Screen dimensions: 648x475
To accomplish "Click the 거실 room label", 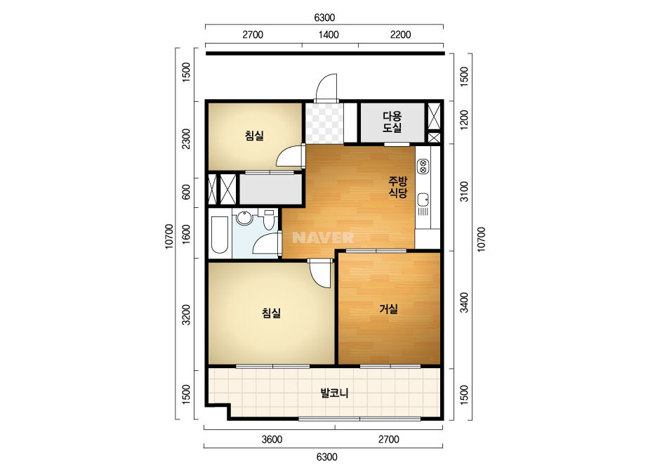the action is [x=388, y=308].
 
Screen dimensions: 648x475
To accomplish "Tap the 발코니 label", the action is [x=334, y=393].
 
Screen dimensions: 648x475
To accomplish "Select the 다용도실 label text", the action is [x=392, y=122].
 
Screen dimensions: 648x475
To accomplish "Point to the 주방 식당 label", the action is [x=398, y=187].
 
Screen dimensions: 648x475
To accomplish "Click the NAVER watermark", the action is [x=323, y=237].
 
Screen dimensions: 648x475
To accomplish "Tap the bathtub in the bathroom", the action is [x=220, y=234].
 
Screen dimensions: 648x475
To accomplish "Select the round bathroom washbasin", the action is [x=244, y=218].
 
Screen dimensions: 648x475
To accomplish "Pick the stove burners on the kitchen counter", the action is [x=423, y=167].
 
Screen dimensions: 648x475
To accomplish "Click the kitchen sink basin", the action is [x=423, y=200].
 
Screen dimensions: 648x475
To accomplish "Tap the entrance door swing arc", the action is [x=325, y=86].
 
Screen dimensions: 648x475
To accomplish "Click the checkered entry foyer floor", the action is [x=324, y=123].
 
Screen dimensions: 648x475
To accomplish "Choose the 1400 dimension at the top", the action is [x=329, y=34].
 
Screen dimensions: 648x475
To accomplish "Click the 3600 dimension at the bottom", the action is [x=272, y=439].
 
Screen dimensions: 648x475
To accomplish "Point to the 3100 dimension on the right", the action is [x=465, y=191].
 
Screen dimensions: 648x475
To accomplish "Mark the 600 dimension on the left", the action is [x=186, y=192].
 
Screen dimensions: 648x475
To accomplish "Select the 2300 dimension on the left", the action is [x=186, y=139].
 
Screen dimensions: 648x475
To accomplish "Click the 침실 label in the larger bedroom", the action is [x=271, y=313].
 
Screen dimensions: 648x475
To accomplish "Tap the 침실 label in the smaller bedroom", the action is [x=254, y=136].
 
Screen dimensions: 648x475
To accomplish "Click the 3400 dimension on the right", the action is [x=465, y=302].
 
